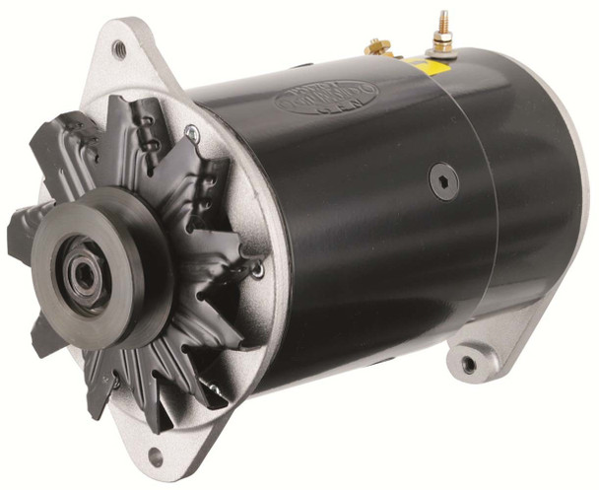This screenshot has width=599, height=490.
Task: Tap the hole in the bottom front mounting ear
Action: coord(155,457)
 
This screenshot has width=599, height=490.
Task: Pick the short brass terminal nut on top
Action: coord(374,46)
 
